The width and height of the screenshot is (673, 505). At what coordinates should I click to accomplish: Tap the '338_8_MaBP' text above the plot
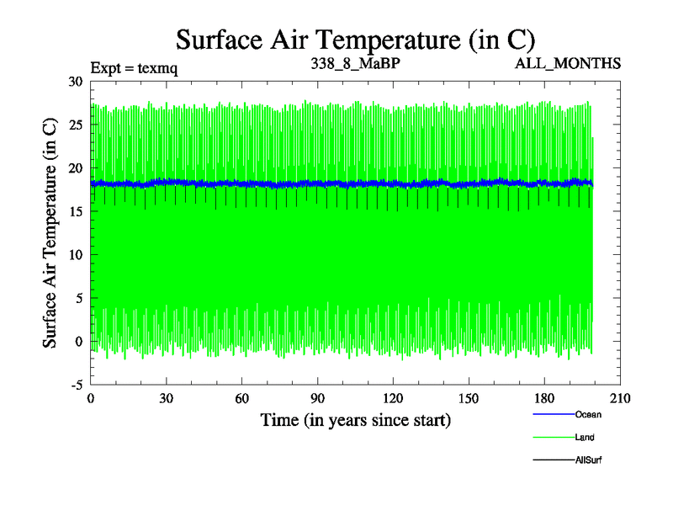354,63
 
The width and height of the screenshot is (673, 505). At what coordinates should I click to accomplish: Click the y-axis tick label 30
77,82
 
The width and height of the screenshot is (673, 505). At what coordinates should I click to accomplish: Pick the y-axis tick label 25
77,125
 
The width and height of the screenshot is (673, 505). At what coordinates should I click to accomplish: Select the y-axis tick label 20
77,168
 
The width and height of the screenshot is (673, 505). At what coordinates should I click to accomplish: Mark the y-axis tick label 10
77,255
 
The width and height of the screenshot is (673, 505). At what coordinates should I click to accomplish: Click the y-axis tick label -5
75,385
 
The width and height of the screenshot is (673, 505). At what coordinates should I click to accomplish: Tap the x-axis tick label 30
166,399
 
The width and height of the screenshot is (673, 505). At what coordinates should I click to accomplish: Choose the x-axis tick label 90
317,399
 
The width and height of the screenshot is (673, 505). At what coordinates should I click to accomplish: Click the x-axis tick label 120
393,399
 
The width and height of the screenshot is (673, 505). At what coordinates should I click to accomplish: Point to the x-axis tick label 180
544,399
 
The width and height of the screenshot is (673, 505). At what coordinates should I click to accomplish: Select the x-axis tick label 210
620,399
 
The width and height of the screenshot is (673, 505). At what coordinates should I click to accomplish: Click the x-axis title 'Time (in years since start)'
355,419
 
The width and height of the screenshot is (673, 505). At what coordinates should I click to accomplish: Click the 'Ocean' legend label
588,414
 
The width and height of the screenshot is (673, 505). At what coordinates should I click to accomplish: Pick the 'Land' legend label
586,437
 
